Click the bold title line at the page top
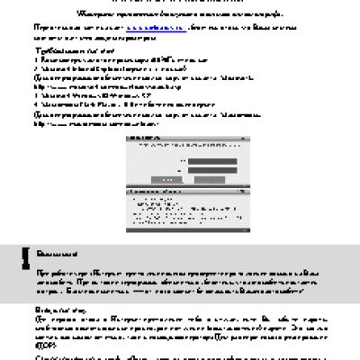pos(180,13)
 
